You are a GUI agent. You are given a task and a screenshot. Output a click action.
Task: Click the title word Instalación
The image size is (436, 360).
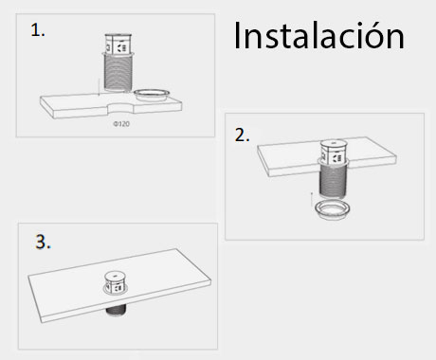(x=318, y=39)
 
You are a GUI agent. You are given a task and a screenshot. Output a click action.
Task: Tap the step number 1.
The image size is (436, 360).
(x=38, y=30)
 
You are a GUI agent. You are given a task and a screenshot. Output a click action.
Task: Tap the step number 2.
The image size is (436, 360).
(x=243, y=135)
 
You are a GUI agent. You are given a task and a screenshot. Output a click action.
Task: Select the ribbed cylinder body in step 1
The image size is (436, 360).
(x=118, y=76)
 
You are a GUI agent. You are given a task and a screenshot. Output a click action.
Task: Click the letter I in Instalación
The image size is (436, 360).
(x=237, y=38)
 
